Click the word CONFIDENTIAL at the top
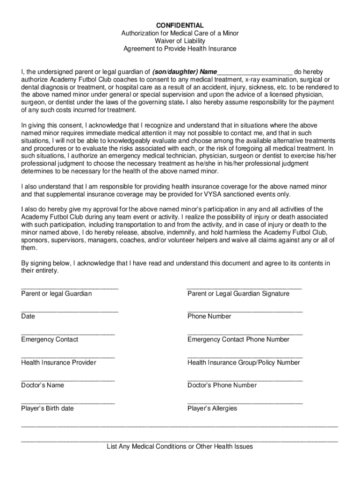(x=180, y=25)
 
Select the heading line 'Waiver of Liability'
(x=180, y=41)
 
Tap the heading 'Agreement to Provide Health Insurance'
(x=180, y=49)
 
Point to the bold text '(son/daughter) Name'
(x=185, y=72)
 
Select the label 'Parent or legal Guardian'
(x=57, y=294)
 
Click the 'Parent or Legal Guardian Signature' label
(x=238, y=294)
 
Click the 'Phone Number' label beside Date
(x=209, y=317)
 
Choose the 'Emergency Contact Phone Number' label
(x=238, y=340)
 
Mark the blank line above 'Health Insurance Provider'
(x=68, y=357)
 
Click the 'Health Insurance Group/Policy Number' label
(x=244, y=363)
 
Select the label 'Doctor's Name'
(x=43, y=385)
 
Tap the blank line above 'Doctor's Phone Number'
(x=245, y=380)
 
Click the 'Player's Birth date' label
(x=47, y=408)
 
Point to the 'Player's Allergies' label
(x=212, y=408)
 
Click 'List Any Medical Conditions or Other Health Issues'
(x=180, y=447)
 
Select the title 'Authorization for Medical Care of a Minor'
(x=180, y=33)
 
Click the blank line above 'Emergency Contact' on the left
(x=68, y=334)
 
